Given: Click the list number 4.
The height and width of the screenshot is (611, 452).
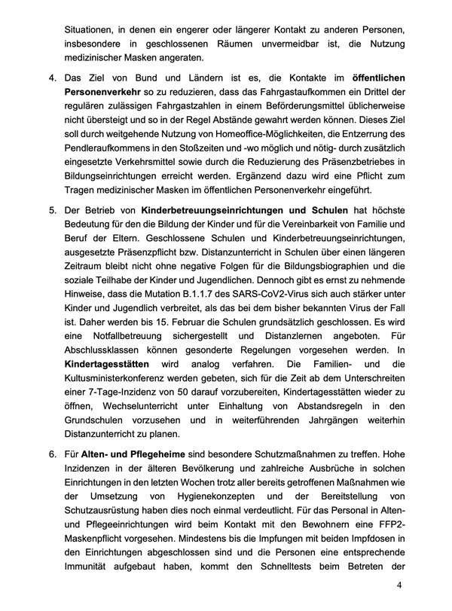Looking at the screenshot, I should (53, 78).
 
